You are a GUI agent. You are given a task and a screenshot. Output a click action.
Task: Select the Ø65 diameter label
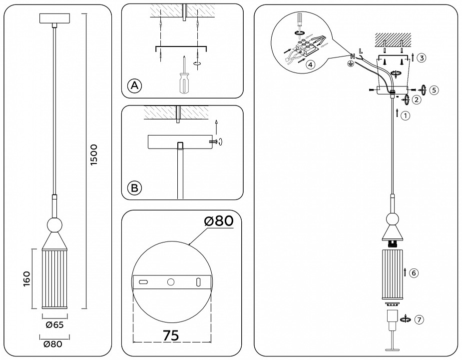[53, 325]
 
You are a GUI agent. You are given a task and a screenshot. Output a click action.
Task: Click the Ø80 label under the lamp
[53, 344]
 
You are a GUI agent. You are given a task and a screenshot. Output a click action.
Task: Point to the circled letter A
[134, 86]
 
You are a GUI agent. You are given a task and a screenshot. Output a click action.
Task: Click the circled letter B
[134, 188]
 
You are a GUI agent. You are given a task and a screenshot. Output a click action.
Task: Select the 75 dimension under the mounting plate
[171, 335]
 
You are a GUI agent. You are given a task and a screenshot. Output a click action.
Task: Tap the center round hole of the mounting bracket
[171, 282]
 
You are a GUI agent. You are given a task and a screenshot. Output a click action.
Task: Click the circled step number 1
[406, 115]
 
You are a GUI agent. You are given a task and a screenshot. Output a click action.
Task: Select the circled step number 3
[422, 58]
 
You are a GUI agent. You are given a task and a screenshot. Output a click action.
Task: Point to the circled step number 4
[311, 64]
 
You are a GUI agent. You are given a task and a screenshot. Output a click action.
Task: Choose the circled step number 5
[434, 90]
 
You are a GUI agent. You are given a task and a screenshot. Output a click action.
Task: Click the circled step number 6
[413, 273]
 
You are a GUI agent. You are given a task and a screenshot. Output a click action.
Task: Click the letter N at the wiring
[353, 55]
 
